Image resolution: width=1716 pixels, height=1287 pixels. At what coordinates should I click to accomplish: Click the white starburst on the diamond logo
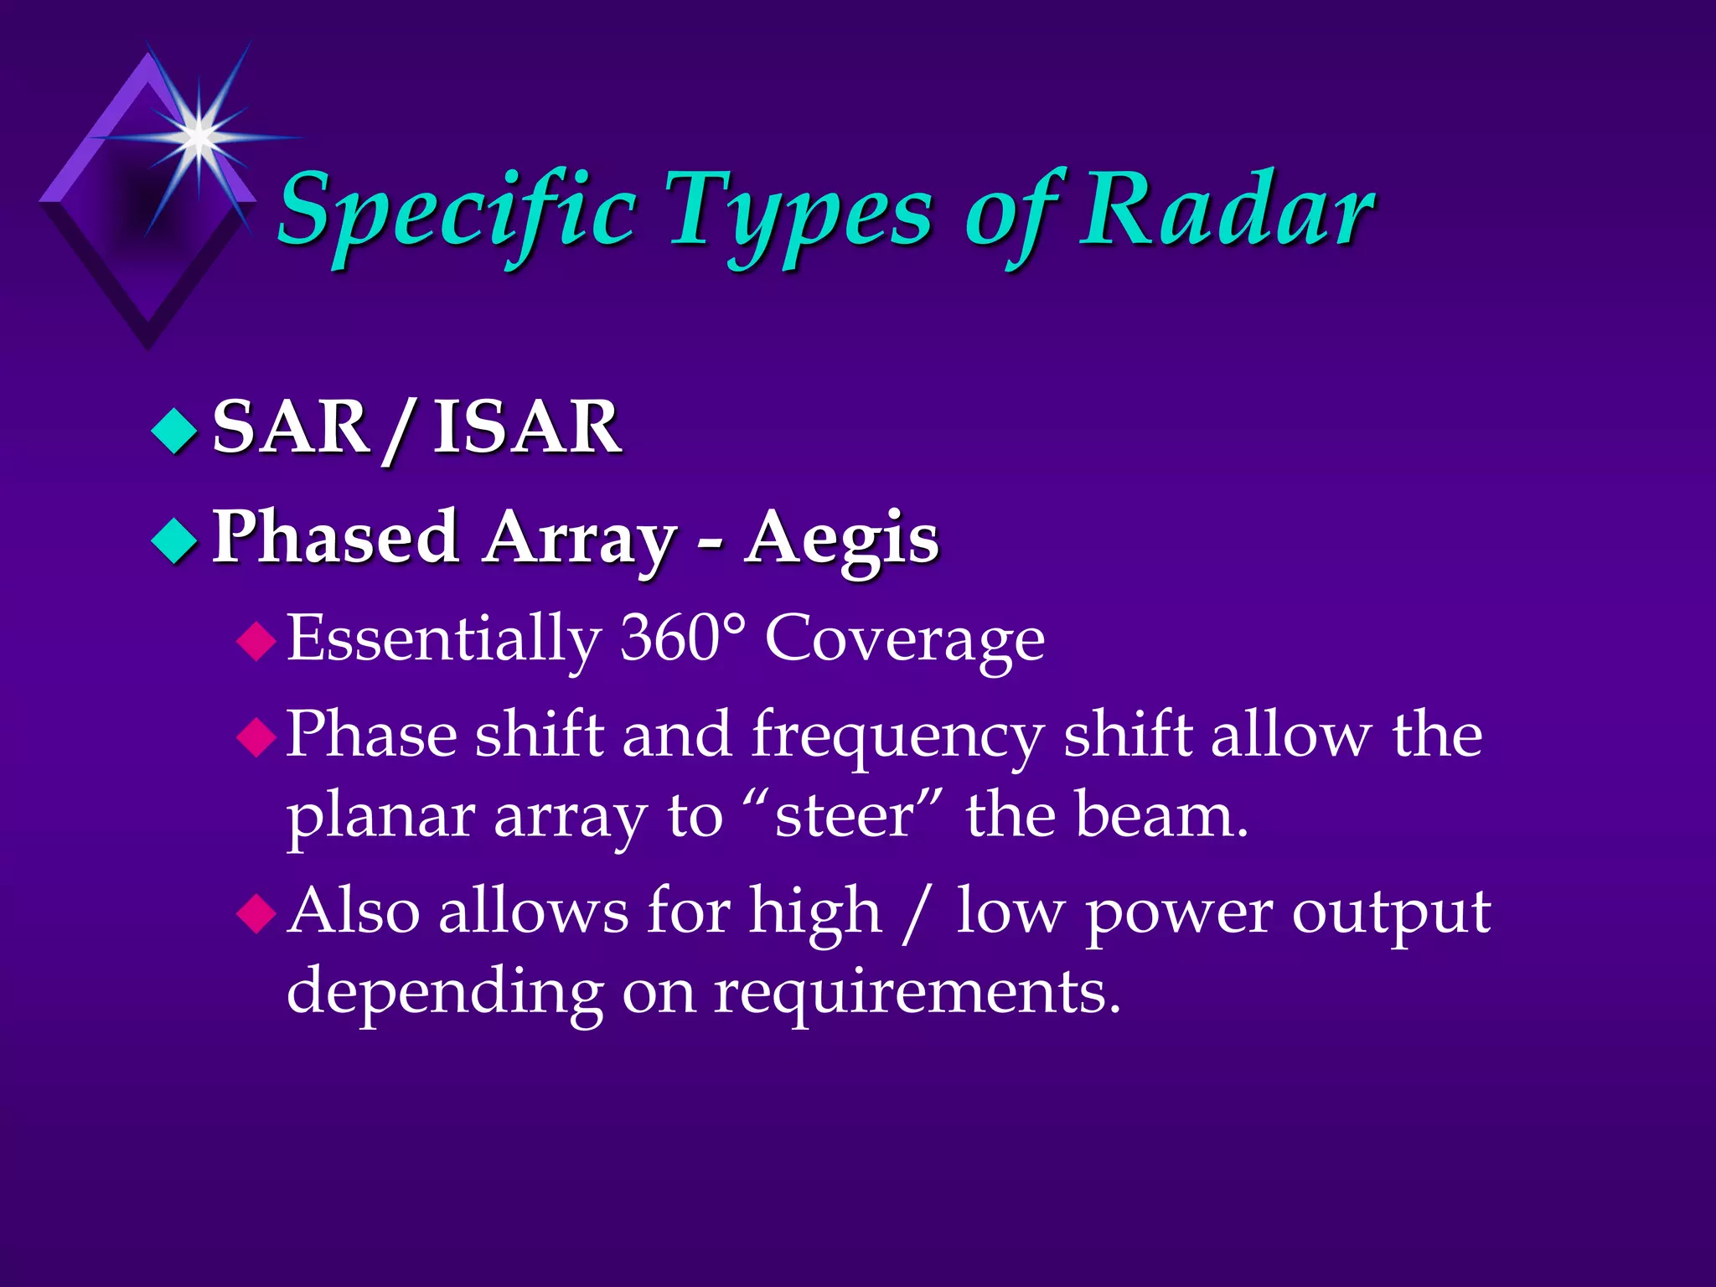(199, 135)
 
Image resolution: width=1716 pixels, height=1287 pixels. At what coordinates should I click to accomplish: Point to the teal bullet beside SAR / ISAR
(174, 430)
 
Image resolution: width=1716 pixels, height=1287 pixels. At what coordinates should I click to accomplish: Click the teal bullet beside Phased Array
(174, 540)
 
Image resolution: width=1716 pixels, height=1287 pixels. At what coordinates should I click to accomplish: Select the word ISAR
(527, 427)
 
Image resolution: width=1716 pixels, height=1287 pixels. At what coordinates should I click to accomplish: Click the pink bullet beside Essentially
(256, 642)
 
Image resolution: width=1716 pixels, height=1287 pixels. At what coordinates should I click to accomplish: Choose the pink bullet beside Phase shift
(256, 737)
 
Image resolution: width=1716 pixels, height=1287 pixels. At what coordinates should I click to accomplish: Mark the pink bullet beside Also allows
(256, 913)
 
